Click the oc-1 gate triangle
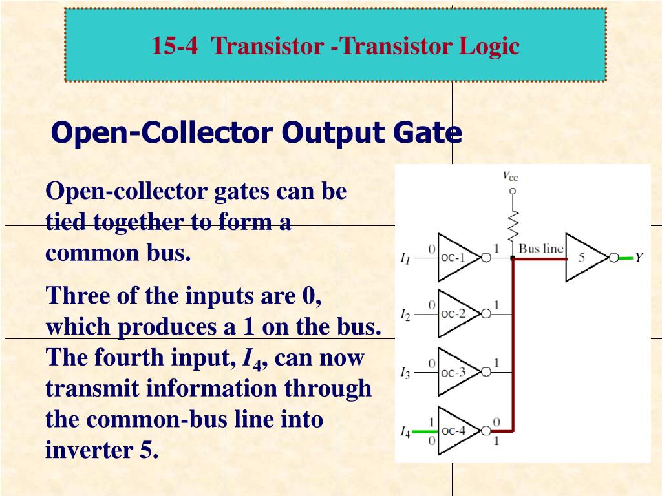[455, 258]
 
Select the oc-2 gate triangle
[455, 315]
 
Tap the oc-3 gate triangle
[455, 372]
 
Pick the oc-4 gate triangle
[455, 431]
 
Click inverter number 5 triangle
[583, 258]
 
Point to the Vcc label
[510, 176]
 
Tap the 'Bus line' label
[541, 249]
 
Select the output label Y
[639, 258]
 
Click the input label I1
[405, 259]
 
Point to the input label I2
[405, 315]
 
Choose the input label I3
[405, 373]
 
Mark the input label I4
[405, 431]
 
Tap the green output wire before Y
[625, 258]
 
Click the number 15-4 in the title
[175, 46]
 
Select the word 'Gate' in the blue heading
[432, 133]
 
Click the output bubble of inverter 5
[614, 258]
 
